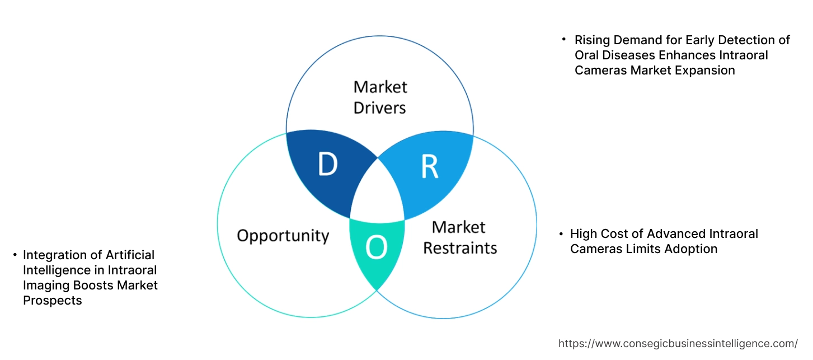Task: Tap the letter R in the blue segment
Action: point(429,167)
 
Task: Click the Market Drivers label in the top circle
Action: point(380,97)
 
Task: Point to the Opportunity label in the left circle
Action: point(283,235)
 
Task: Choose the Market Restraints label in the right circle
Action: point(459,237)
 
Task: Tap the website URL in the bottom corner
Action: point(678,343)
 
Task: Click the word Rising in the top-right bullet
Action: point(592,40)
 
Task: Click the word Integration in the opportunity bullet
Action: point(55,255)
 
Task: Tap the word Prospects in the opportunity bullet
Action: point(52,301)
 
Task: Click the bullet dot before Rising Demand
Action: point(564,40)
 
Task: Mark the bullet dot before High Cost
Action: point(561,233)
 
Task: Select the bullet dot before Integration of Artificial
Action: point(15,255)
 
